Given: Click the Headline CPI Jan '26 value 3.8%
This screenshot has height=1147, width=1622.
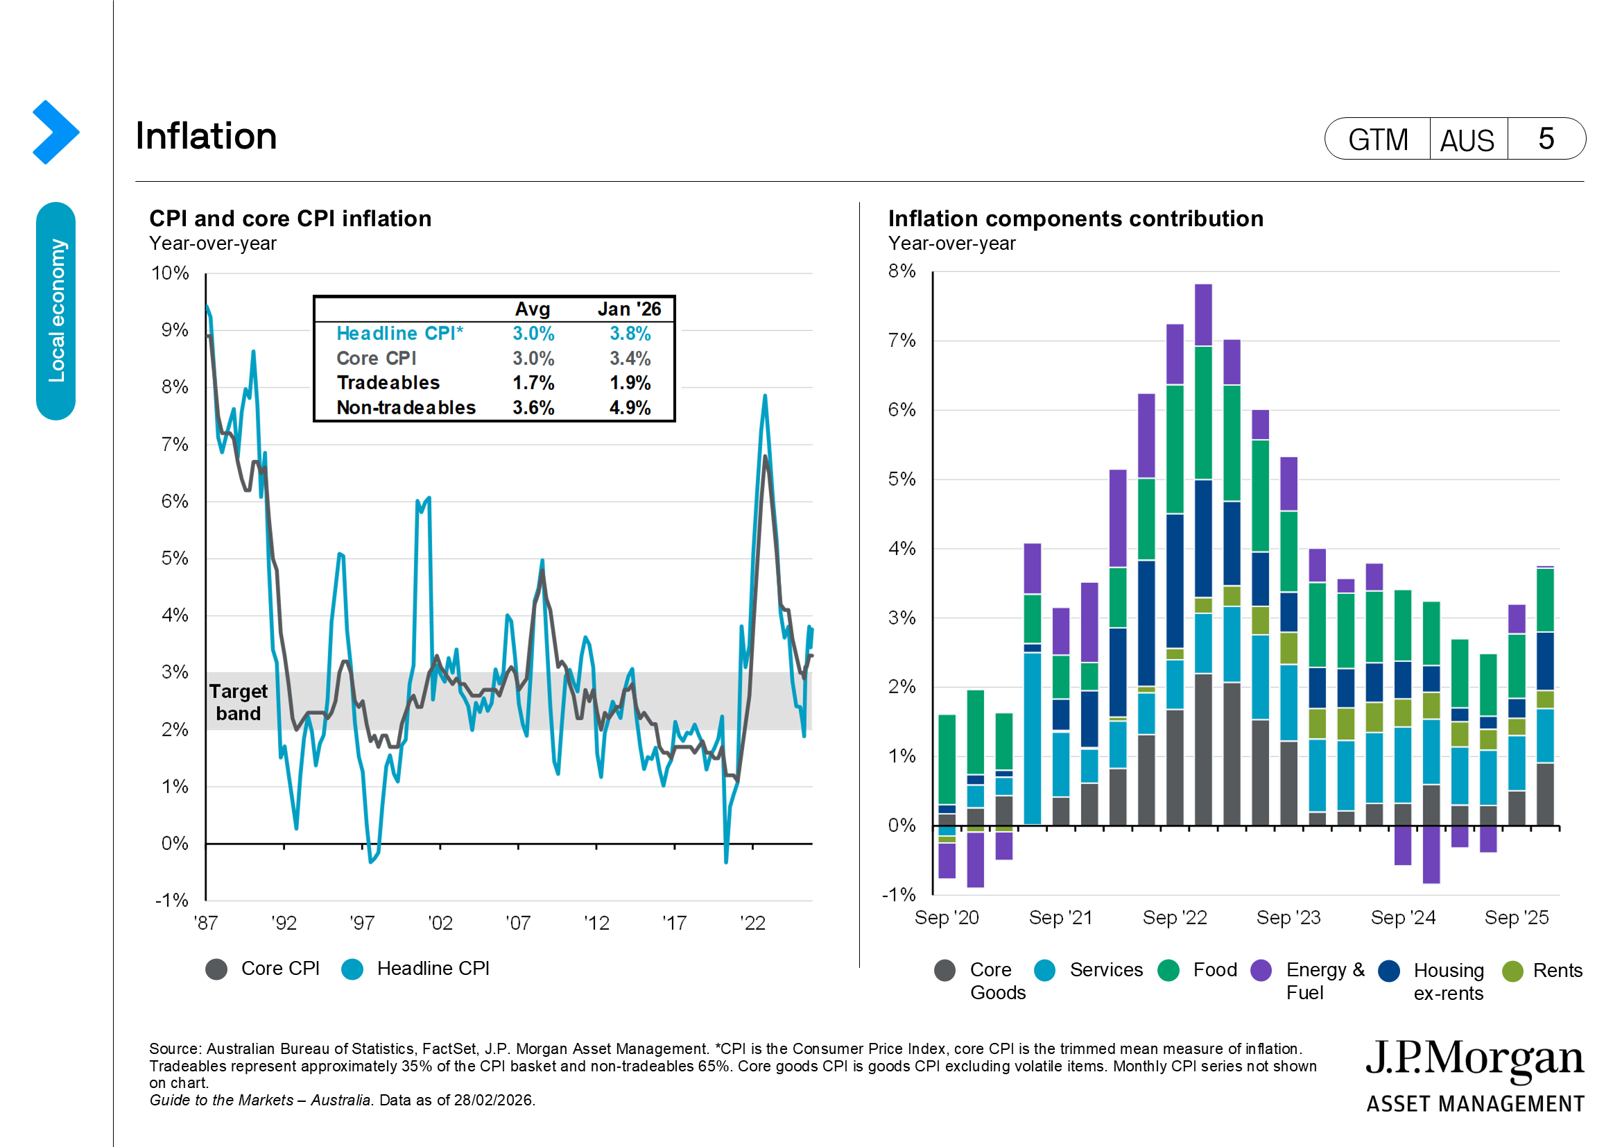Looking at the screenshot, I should (630, 334).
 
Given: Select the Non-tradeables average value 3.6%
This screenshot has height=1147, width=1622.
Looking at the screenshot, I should (533, 408).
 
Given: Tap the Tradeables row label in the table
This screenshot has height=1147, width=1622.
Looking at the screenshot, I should (388, 383).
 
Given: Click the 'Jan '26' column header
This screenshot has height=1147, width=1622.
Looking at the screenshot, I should (629, 309).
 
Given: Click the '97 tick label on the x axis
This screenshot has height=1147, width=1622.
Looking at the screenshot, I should (362, 923).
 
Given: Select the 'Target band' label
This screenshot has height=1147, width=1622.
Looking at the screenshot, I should (238, 702).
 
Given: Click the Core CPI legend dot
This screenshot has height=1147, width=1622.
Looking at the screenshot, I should (216, 969).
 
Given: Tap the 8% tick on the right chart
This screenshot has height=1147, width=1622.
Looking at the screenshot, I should (901, 271).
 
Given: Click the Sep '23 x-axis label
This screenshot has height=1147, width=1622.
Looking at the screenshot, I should (1288, 917).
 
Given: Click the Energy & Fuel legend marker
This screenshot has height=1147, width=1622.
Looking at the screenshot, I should (1261, 970).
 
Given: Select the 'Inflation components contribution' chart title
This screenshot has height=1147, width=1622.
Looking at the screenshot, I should (1076, 219).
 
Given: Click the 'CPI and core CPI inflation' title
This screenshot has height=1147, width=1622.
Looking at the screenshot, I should (291, 219).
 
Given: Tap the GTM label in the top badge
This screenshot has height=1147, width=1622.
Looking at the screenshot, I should (1378, 139).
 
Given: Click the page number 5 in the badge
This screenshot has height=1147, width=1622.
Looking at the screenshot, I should (1546, 139).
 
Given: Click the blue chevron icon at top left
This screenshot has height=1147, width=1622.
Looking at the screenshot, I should (55, 132).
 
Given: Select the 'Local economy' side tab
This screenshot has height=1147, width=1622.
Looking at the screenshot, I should (55, 311).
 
